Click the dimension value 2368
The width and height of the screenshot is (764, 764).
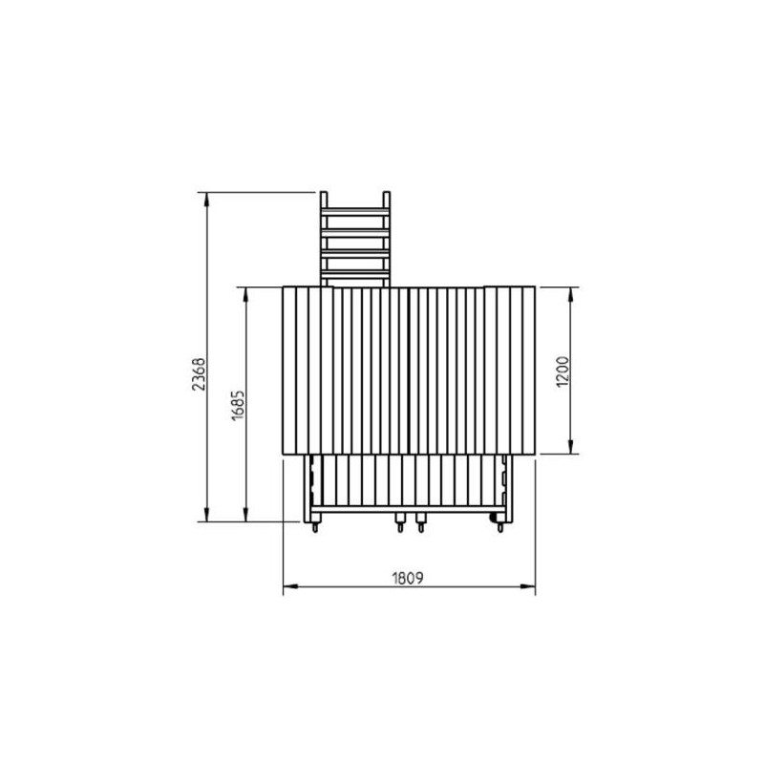coord(199,374)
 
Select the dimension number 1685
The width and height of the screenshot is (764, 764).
coord(237,405)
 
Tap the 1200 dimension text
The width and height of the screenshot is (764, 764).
coord(562,372)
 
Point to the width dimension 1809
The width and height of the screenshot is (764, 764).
coord(408,578)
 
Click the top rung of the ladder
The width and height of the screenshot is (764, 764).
coord(355,211)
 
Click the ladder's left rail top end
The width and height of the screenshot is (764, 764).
coord(324,193)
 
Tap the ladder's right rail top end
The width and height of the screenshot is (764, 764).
coord(387,193)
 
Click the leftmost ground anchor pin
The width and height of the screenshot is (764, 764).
coord(315,527)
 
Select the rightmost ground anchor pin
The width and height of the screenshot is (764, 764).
coord(499,527)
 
